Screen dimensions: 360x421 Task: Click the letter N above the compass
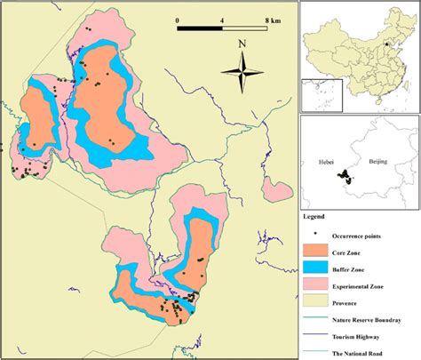pos(242,44)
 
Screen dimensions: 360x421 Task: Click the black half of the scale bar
pos(200,28)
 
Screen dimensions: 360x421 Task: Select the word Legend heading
pos(313,216)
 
